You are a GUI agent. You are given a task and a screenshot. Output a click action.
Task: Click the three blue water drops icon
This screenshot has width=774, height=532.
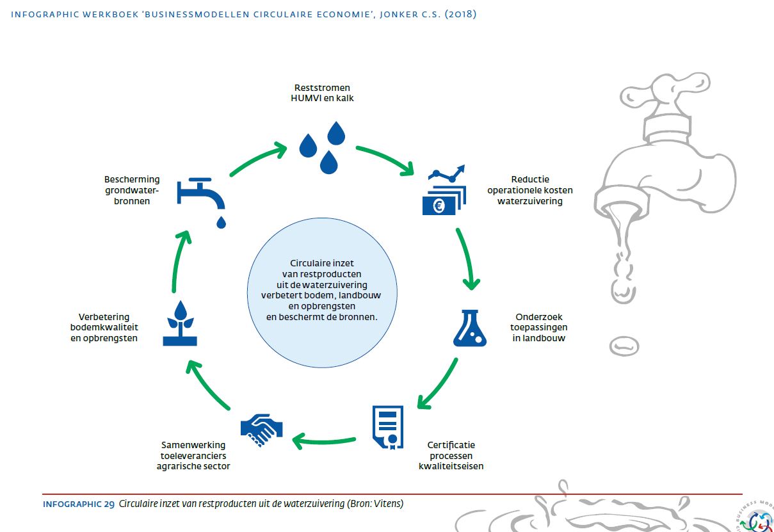tap(322, 147)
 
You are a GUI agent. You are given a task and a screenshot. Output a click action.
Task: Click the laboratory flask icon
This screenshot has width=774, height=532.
tap(470, 328)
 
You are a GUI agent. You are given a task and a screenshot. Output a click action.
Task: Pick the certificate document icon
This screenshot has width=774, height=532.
tap(388, 428)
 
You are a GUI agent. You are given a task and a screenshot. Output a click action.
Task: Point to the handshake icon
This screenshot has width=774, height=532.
tap(262, 430)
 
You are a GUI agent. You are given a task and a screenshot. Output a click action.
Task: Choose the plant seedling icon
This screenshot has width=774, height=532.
tap(180, 323)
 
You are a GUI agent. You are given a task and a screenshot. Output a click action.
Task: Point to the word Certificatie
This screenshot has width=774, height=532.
tap(451, 445)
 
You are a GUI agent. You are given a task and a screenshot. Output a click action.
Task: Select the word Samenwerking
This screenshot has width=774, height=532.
tap(193, 446)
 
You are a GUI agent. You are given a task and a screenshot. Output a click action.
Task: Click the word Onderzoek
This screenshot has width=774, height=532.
tap(538, 317)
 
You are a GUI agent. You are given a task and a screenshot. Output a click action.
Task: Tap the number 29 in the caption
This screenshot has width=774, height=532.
tap(109, 504)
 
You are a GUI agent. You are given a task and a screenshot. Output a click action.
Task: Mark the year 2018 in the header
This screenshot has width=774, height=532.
tap(460, 14)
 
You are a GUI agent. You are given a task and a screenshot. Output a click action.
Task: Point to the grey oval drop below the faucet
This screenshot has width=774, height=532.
tap(624, 346)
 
